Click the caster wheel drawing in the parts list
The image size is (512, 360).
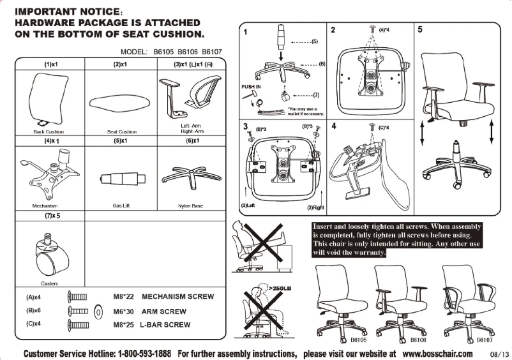point(47,254)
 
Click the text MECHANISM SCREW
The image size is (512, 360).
point(177,297)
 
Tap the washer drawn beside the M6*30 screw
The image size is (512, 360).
point(98,312)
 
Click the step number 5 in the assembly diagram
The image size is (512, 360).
point(419,29)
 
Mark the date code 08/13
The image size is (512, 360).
point(499,354)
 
